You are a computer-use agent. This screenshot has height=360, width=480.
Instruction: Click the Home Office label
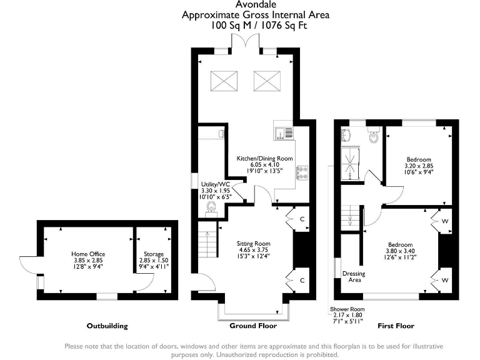[87, 254]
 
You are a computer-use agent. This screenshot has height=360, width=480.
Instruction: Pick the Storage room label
[153, 254]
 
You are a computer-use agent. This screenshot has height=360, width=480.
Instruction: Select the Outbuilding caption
[107, 326]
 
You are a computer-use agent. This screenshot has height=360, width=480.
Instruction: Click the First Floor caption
[396, 326]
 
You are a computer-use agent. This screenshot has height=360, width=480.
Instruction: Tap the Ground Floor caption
[254, 326]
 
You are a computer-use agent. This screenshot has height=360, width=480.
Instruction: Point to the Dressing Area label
[354, 277]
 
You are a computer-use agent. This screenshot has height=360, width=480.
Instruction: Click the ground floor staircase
[208, 241]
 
